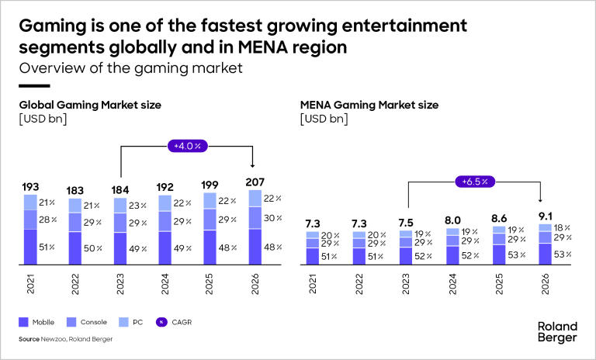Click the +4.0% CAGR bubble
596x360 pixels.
coord(187,144)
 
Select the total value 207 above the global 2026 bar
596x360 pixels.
coord(254,181)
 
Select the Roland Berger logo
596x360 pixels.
coord(556,332)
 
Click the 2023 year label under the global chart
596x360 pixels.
coord(120,288)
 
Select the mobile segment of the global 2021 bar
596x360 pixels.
coord(30,247)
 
